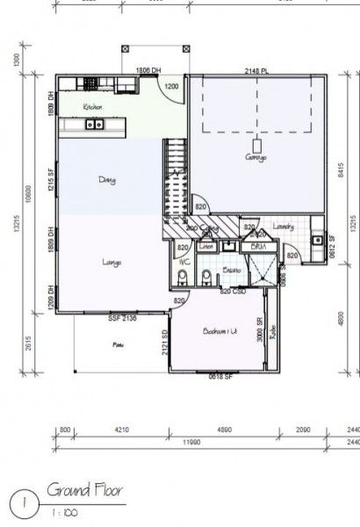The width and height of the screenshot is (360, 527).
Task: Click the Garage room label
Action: point(256,157)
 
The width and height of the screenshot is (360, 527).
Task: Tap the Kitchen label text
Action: point(93,107)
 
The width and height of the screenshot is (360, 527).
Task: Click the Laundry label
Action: point(283,227)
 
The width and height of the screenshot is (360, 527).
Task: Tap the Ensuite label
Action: point(232,271)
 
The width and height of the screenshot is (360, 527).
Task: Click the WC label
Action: point(185,262)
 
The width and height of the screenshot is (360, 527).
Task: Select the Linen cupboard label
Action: point(206,247)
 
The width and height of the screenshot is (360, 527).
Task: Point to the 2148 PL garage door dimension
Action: point(256,70)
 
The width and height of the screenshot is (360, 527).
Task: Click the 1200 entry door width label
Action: point(172,87)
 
